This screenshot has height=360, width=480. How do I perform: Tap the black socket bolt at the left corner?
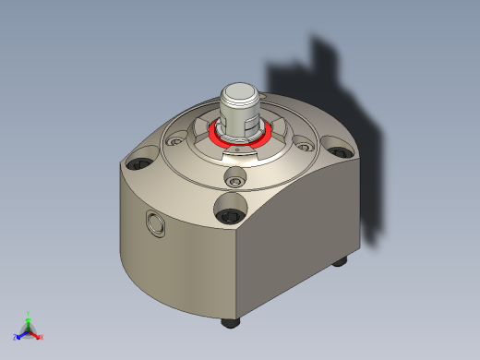point(139,163)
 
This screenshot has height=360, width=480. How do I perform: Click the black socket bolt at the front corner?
point(230,216)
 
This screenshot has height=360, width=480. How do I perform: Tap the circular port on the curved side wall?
point(153,222)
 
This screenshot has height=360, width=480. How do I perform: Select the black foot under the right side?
point(339,261)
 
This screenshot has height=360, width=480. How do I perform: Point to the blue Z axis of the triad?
point(19,334)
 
